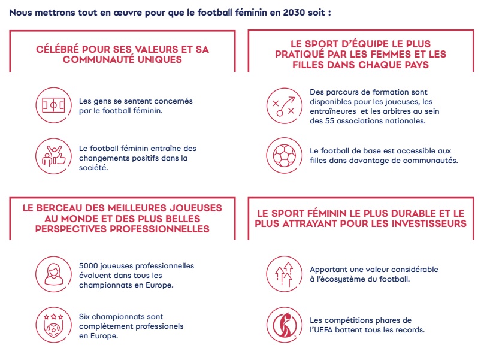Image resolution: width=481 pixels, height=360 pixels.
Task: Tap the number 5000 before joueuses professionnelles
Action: click(89, 265)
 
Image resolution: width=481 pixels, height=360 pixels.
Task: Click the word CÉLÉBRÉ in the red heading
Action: click(62, 49)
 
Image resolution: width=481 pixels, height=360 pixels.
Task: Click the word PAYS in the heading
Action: click(413, 65)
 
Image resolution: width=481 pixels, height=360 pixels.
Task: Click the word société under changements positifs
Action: click(93, 168)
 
